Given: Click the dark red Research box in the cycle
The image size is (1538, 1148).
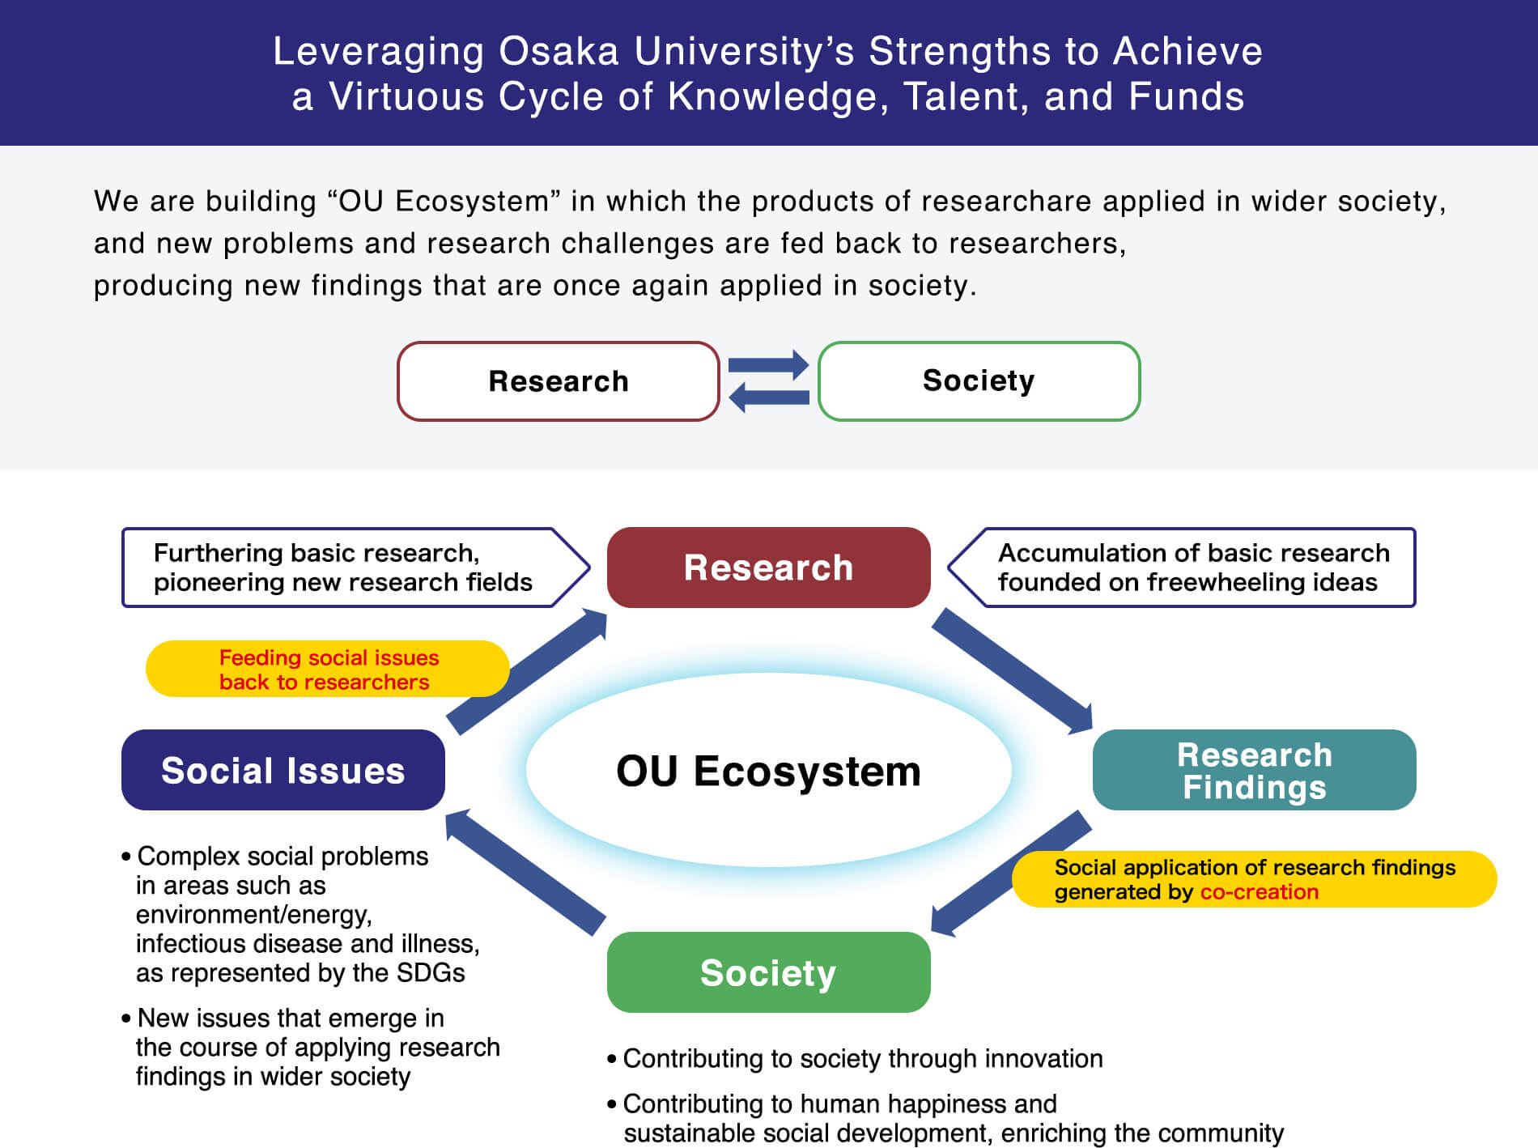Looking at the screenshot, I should (768, 568).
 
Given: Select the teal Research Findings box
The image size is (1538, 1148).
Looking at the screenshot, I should (1254, 770).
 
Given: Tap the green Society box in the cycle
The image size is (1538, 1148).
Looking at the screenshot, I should (768, 972).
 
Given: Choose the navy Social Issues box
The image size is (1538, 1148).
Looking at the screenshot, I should (283, 770).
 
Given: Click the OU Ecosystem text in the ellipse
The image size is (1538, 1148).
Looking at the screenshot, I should (768, 771).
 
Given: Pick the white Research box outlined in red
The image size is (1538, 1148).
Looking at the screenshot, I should (558, 381).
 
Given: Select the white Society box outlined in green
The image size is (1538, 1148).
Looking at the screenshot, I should (979, 381).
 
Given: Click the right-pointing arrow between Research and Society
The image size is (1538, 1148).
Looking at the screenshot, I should (768, 365).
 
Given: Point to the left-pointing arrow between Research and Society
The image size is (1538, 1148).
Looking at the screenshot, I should (768, 397).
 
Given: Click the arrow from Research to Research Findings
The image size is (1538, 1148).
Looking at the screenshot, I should (1012, 670).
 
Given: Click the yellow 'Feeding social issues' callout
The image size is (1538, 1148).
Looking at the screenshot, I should (328, 670).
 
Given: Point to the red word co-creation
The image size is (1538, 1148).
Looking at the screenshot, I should (1259, 892).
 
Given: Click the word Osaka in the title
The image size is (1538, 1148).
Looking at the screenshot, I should (558, 52).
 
